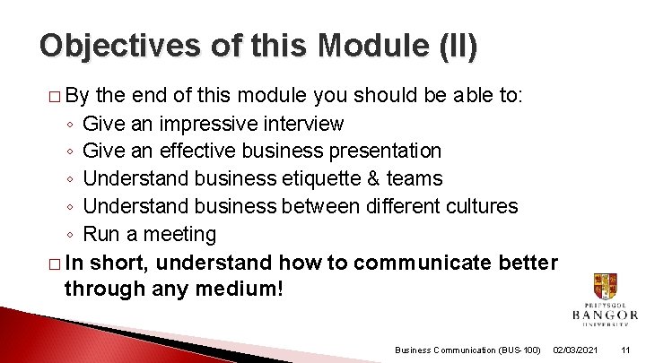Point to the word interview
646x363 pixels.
coord(301,123)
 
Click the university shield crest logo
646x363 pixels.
coord(605,289)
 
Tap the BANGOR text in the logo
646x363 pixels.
coord(605,315)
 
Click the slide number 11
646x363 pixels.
coord(626,349)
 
